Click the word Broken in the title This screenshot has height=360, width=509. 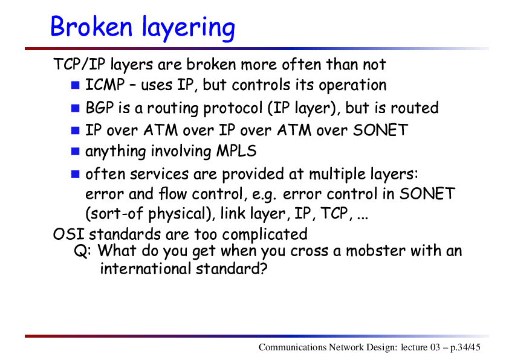pyautogui.click(x=91, y=26)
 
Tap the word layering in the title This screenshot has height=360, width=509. pyautogui.click(x=189, y=28)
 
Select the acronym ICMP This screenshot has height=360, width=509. pyautogui.click(x=105, y=85)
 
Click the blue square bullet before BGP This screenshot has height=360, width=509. pyautogui.click(x=76, y=108)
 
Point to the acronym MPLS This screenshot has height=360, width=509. pyautogui.click(x=236, y=151)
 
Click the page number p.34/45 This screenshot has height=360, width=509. pyautogui.click(x=465, y=347)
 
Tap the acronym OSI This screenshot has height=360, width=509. pyautogui.click(x=69, y=234)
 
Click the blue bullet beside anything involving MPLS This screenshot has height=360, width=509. pyautogui.click(x=76, y=151)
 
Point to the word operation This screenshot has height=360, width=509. pyautogui.click(x=352, y=86)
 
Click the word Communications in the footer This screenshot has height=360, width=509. pyautogui.click(x=293, y=347)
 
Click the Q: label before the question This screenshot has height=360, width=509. pyautogui.click(x=82, y=251)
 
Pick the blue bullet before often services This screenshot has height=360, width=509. pyautogui.click(x=76, y=174)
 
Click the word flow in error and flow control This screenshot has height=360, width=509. pyautogui.click(x=173, y=194)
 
